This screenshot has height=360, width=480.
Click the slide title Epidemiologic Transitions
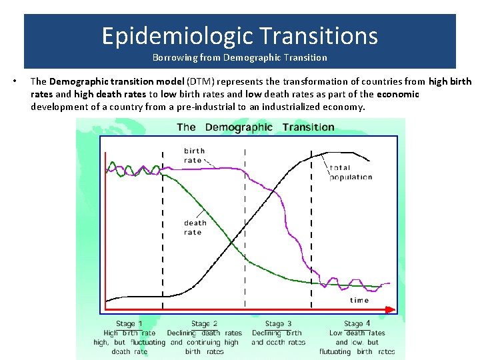pyautogui.click(x=239, y=35)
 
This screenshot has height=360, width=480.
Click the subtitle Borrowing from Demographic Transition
pyautogui.click(x=239, y=57)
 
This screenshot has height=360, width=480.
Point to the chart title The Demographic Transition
pyautogui.click(x=255, y=127)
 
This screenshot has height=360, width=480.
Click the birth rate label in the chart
pyautogui.click(x=194, y=155)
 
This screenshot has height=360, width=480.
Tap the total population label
pyautogui.click(x=351, y=172)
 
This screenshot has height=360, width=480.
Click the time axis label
pyautogui.click(x=359, y=300)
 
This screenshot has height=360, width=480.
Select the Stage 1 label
pyautogui.click(x=129, y=324)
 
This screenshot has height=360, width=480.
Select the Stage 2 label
pyautogui.click(x=205, y=324)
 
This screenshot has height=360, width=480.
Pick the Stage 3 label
pyautogui.click(x=279, y=324)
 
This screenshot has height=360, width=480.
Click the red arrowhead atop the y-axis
pyautogui.click(x=105, y=156)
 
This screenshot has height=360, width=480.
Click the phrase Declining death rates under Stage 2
pyautogui.click(x=205, y=333)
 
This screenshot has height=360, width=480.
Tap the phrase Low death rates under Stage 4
pyautogui.click(x=357, y=333)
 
